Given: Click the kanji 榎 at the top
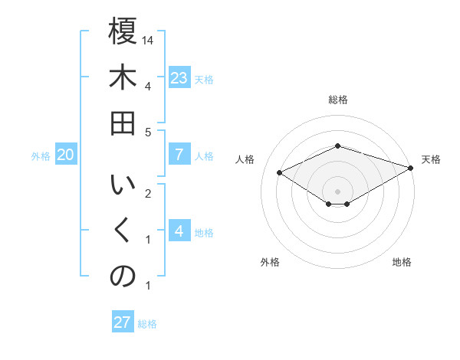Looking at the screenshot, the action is click(x=123, y=33).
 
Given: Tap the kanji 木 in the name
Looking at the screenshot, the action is click(x=123, y=79).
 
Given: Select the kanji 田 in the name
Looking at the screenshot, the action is click(x=123, y=124).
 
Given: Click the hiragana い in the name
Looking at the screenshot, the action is click(x=123, y=185).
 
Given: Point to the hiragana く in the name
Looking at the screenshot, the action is click(x=123, y=231).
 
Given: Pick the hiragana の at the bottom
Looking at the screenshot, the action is click(x=123, y=277).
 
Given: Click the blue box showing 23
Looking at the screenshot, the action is click(x=179, y=78).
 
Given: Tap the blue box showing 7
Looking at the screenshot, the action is click(x=179, y=155).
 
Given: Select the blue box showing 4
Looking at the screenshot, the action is click(x=179, y=231).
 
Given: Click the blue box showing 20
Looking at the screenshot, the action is click(x=65, y=155).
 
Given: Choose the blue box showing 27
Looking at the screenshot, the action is click(x=123, y=322).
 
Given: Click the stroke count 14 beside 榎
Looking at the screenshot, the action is click(x=149, y=39).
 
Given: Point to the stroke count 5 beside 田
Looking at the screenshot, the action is click(x=148, y=131).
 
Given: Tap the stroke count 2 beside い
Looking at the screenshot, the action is click(x=148, y=192).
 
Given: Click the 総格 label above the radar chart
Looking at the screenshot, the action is click(x=338, y=100).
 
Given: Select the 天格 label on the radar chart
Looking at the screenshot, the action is click(x=431, y=159).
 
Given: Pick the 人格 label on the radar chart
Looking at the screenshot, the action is click(x=245, y=159).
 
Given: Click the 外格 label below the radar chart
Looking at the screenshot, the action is click(x=269, y=262).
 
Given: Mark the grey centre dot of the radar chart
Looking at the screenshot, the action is click(x=338, y=191).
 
